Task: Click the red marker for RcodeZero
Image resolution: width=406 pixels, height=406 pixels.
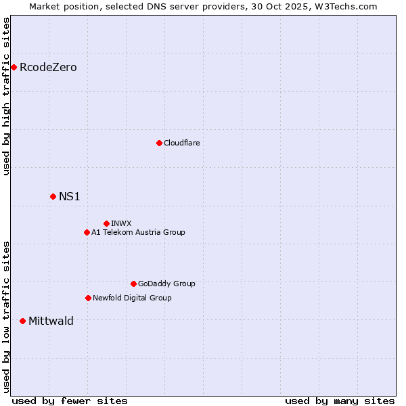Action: click(x=14, y=67)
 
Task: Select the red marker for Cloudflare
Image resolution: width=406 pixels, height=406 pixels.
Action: click(x=159, y=143)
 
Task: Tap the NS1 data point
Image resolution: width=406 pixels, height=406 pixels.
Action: click(x=53, y=196)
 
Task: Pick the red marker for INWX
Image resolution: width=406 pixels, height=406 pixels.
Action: click(x=106, y=223)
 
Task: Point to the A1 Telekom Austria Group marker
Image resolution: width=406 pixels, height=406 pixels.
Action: click(x=87, y=232)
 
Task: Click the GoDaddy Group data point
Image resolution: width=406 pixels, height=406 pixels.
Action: click(x=133, y=284)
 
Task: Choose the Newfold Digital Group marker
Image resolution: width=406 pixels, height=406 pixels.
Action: click(x=88, y=298)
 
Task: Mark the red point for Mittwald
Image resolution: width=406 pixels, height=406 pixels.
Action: click(x=22, y=321)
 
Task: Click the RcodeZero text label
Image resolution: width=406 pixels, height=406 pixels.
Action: click(x=48, y=67)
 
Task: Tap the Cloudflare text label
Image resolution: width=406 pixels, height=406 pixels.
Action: click(x=181, y=143)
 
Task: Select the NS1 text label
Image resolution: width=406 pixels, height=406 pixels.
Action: click(x=70, y=196)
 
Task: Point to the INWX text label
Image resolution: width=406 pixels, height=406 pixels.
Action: click(x=121, y=223)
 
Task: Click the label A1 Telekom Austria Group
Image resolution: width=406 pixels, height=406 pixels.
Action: click(x=138, y=232)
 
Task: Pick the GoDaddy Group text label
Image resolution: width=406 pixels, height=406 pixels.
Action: click(x=166, y=284)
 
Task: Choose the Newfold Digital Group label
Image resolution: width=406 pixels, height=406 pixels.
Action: click(x=132, y=298)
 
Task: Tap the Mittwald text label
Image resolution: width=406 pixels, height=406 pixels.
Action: click(x=51, y=321)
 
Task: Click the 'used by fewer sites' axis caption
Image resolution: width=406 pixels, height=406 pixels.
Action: click(x=70, y=401)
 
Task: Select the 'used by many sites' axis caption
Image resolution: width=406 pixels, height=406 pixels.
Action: click(x=340, y=401)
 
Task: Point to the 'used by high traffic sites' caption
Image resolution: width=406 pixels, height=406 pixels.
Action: click(x=6, y=96)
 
